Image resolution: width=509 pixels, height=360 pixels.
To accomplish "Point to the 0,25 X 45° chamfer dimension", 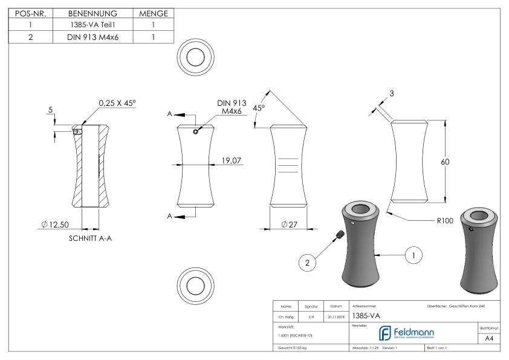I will point(117,103).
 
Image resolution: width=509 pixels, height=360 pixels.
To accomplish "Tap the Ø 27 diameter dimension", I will point(292,225).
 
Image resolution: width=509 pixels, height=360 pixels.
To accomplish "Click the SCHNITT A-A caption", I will point(91,238).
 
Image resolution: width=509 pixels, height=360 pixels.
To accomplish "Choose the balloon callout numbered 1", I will point(413,255).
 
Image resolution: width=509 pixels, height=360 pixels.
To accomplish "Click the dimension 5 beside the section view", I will point(51,111).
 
